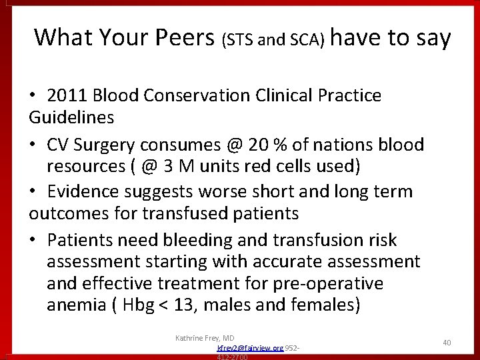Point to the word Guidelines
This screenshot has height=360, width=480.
(x=71, y=117)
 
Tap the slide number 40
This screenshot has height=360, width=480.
(x=447, y=342)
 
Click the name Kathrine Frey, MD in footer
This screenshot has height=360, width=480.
(x=203, y=338)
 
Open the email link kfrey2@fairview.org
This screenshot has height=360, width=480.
(x=249, y=348)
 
